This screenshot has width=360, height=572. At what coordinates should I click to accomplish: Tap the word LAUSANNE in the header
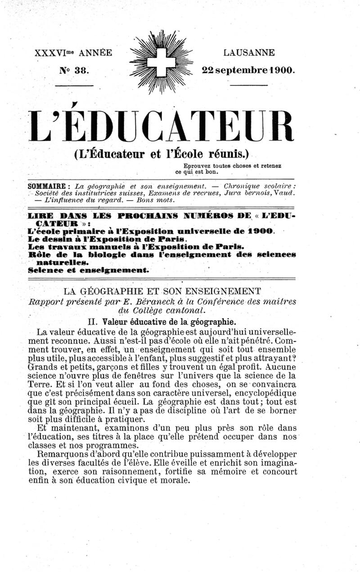(249, 53)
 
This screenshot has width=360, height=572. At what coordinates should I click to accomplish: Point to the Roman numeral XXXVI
(50, 53)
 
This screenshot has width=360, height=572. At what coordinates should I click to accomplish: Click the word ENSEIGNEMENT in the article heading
(222, 291)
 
